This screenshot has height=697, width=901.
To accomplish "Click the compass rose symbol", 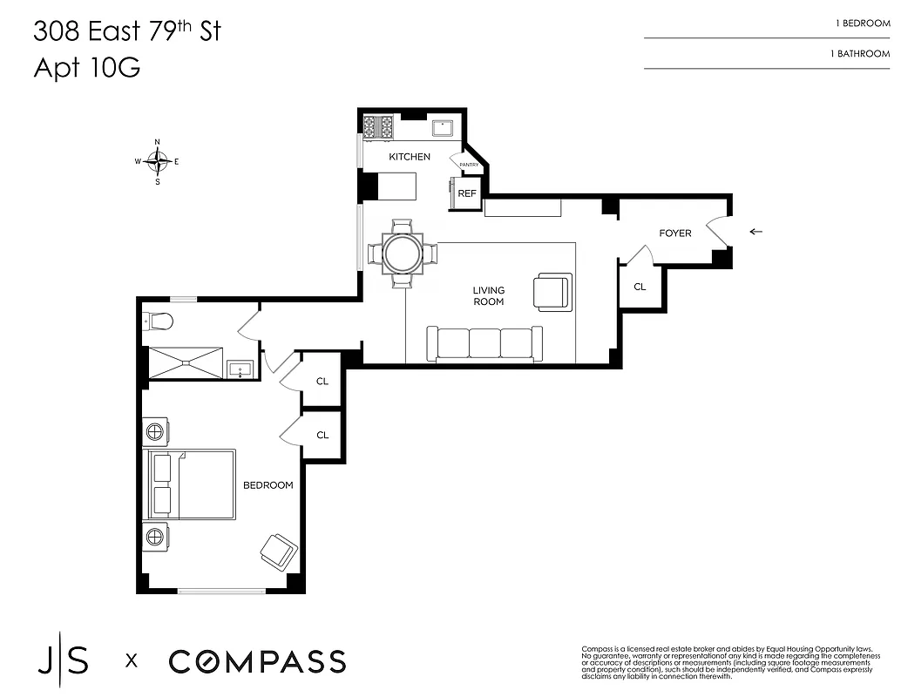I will (x=157, y=161).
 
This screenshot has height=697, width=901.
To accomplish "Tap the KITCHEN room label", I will (x=409, y=157).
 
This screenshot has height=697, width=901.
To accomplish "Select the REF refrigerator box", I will (x=466, y=193).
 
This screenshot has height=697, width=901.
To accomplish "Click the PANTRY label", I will (x=469, y=165).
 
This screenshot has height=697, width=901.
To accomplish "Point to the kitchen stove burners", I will (x=378, y=127).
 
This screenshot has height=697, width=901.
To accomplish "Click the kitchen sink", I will (x=444, y=127).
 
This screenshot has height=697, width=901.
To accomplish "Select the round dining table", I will (x=403, y=254).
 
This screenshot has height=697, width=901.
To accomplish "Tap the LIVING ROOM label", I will (x=489, y=296).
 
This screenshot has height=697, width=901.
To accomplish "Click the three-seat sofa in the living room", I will (x=484, y=342).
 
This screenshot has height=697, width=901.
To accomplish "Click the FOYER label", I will (x=674, y=233).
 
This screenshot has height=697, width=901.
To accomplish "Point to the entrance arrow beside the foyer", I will (x=755, y=232).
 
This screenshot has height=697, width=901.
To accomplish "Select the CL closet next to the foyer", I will (x=640, y=287).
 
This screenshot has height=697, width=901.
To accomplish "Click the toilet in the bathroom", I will (x=159, y=322).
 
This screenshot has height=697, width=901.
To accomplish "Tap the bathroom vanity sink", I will (x=240, y=369).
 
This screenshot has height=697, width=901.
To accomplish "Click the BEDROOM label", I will (x=268, y=485).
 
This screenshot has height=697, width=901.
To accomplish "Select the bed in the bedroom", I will (x=189, y=484).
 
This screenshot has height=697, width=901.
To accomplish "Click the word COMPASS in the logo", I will (x=257, y=661).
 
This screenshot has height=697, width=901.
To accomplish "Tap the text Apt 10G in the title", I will (x=86, y=68).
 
